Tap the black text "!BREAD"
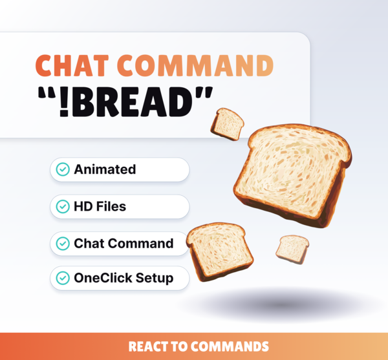(x=133, y=104)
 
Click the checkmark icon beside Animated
(x=63, y=170)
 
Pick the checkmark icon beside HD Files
(x=63, y=207)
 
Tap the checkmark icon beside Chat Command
(x=63, y=244)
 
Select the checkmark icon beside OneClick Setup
(x=63, y=279)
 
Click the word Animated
(x=105, y=170)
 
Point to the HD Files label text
(x=100, y=207)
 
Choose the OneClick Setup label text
(x=124, y=279)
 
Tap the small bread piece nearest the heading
(x=228, y=123)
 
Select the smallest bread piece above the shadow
(x=292, y=248)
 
